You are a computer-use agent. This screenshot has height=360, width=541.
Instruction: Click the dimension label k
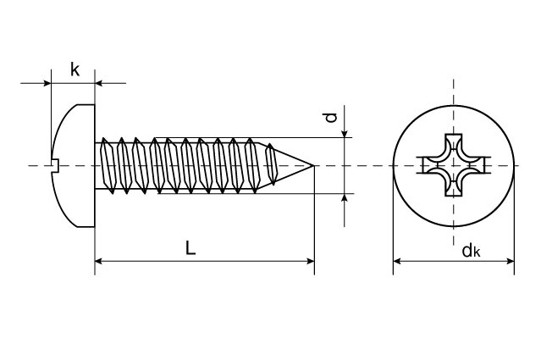pos(75,69)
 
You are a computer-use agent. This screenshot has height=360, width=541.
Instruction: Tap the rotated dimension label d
pos(333,119)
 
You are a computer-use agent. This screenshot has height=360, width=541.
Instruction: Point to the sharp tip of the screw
pos(313,165)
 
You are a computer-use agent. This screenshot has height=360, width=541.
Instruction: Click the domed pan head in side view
pos(73,165)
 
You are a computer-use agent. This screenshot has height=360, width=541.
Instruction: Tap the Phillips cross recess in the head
pos(454,165)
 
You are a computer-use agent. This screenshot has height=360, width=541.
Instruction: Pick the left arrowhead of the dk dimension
pos(398,262)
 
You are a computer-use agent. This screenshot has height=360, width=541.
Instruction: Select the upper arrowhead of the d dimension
pos(345,131)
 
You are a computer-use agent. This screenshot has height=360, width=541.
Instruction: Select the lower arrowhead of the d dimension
pos(345,198)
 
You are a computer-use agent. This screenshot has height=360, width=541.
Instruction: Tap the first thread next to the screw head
pos(108,165)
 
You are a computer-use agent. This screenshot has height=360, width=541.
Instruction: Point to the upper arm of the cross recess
pos(454,141)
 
